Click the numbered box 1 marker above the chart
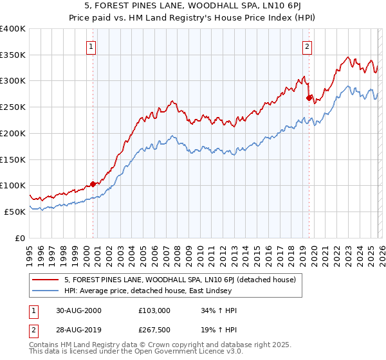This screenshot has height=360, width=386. (91, 46)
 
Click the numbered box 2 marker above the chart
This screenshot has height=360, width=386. (308, 46)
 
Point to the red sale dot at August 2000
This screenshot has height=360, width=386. (93, 184)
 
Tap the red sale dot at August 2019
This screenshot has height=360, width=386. (309, 98)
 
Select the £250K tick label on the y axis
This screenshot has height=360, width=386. (12, 107)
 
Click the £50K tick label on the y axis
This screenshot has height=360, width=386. (15, 212)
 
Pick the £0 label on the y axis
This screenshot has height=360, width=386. (21, 238)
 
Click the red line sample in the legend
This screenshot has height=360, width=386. (46, 280)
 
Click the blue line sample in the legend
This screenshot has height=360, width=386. (46, 292)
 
